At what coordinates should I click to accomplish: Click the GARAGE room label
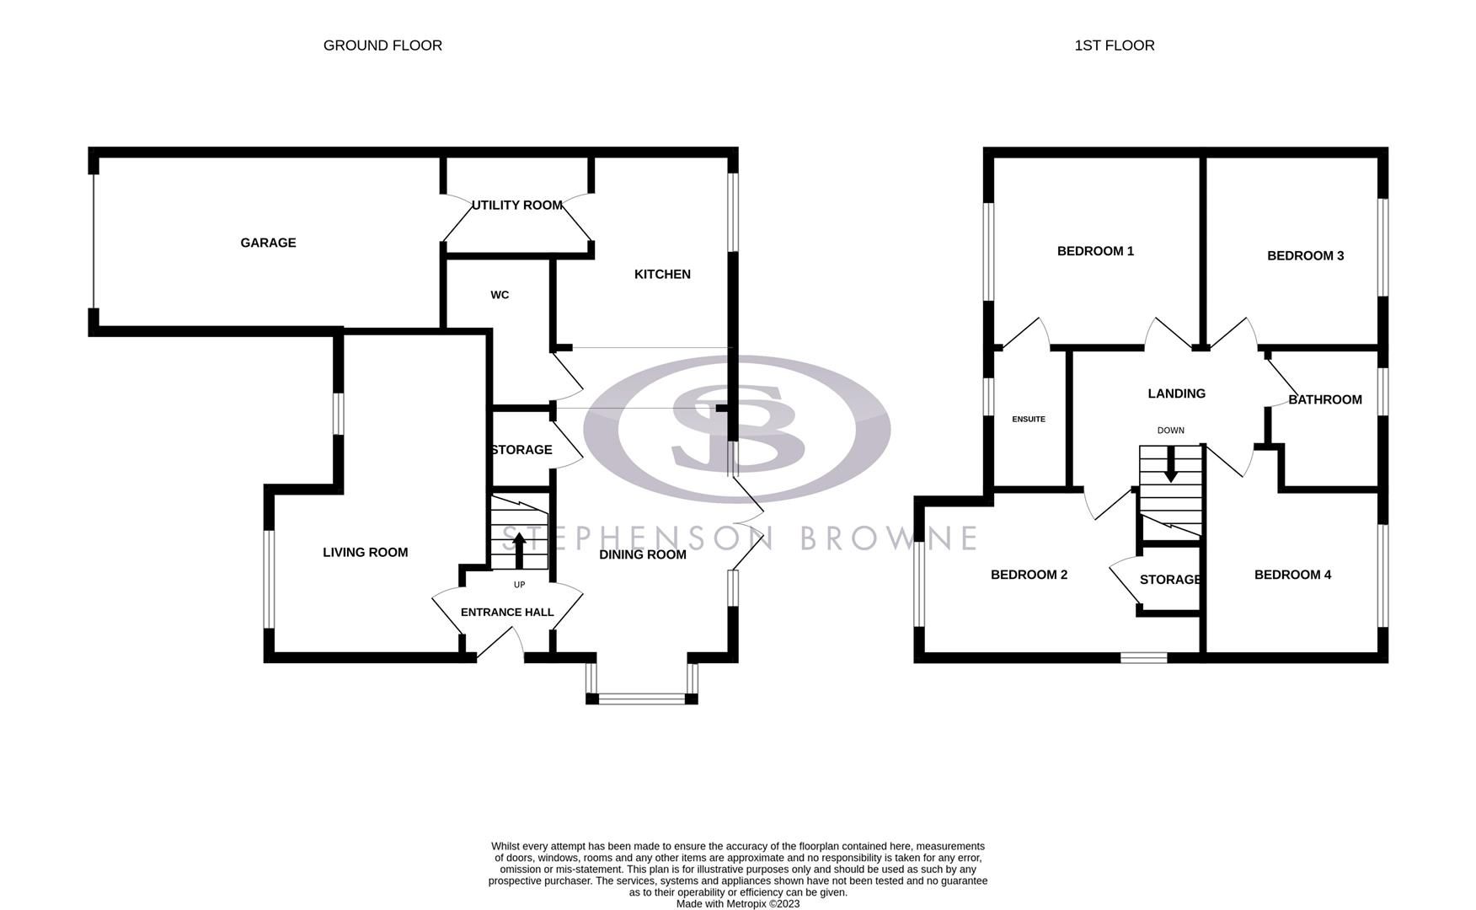pyautogui.click(x=268, y=243)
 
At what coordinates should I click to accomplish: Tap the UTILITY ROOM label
pyautogui.click(x=516, y=206)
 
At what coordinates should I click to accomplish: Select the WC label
pyautogui.click(x=500, y=295)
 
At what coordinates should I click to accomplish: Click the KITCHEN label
pyautogui.click(x=662, y=274)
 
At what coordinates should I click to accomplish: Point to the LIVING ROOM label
pyautogui.click(x=365, y=553)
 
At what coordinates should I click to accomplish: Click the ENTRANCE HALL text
pyautogui.click(x=507, y=613)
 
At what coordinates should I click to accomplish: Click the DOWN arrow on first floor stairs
pyautogui.click(x=1170, y=465)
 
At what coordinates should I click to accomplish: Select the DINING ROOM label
pyautogui.click(x=642, y=554)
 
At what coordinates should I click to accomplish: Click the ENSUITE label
pyautogui.click(x=1029, y=419)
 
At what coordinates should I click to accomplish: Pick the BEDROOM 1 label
pyautogui.click(x=1095, y=251)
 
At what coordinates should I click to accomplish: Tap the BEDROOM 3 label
pyautogui.click(x=1305, y=256)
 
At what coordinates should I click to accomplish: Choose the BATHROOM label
pyautogui.click(x=1324, y=399)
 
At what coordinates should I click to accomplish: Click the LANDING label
pyautogui.click(x=1176, y=393)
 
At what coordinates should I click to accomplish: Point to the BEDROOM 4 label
pyautogui.click(x=1292, y=575)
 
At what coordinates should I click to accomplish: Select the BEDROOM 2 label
pyautogui.click(x=1029, y=575)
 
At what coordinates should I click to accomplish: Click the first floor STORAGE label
pyautogui.click(x=1169, y=580)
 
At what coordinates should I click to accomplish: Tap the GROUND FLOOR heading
pyautogui.click(x=382, y=45)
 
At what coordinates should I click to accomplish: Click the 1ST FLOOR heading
pyautogui.click(x=1114, y=45)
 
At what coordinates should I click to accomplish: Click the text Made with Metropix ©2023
pyautogui.click(x=737, y=904)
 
